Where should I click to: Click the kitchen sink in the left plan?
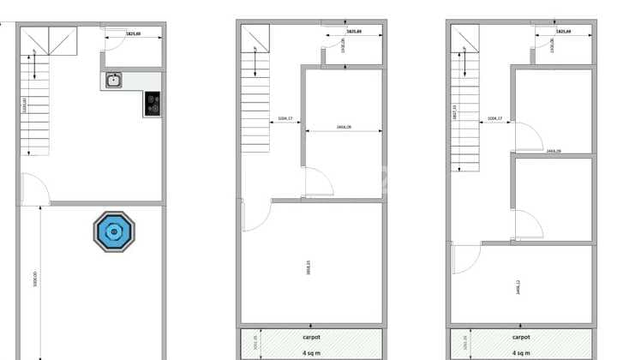click(113, 81)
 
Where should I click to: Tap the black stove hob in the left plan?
click(153, 104)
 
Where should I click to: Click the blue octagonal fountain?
click(114, 231)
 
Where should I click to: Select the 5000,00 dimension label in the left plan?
click(35, 282)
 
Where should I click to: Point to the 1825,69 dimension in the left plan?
click(133, 33)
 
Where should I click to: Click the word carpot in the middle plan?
click(310, 338)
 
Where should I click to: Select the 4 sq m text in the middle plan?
click(310, 352)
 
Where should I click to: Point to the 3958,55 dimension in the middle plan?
click(308, 267)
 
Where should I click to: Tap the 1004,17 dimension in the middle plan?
click(286, 118)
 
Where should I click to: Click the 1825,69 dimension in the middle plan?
click(352, 32)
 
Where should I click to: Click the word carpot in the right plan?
click(521, 338)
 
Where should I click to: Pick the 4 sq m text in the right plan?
click(521, 352)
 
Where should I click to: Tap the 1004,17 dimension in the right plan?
click(494, 118)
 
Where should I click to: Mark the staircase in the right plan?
click(465, 103)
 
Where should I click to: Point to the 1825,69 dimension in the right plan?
click(563, 32)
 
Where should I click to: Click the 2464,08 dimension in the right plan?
click(553, 150)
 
